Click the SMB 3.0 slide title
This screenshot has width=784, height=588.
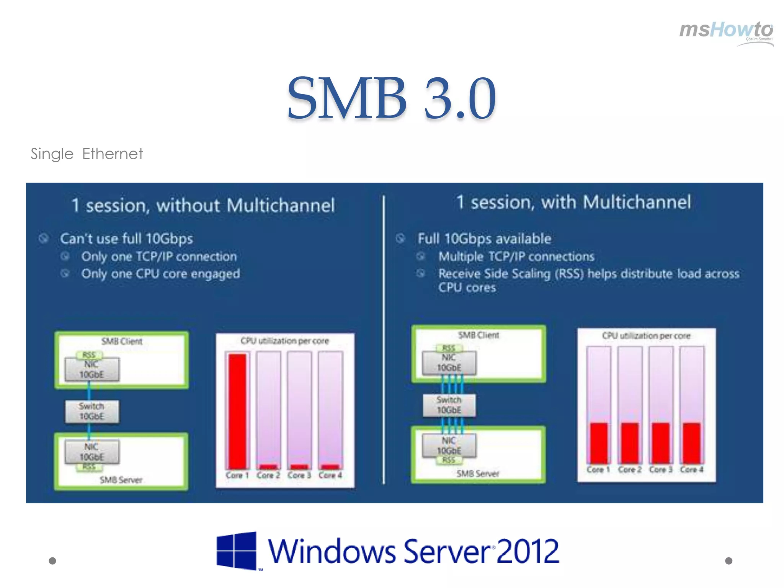pos(391,98)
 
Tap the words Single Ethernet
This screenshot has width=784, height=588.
pos(87,154)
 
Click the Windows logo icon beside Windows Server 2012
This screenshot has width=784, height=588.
pos(236,550)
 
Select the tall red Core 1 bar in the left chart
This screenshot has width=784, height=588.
pos(237,411)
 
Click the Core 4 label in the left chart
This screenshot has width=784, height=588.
pos(330,475)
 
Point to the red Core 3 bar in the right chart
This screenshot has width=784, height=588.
pos(661,443)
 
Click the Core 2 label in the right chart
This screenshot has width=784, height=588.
pos(629,469)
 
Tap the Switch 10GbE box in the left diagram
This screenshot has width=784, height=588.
pos(92,412)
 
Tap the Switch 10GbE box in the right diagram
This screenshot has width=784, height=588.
pos(449,405)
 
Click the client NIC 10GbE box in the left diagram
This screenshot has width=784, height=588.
pos(92,369)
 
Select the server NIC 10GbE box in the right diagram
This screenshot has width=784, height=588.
pos(449,446)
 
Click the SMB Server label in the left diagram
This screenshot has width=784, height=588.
pos(121,480)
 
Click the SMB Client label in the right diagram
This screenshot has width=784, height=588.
pos(479,335)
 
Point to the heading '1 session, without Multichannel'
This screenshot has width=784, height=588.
pos(203,206)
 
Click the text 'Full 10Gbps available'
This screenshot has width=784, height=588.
pos(484,239)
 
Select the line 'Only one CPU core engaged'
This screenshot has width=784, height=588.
pos(160,274)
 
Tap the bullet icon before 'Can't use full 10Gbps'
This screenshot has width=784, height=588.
pos(44,238)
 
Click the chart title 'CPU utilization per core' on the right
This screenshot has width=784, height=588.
pos(646,336)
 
